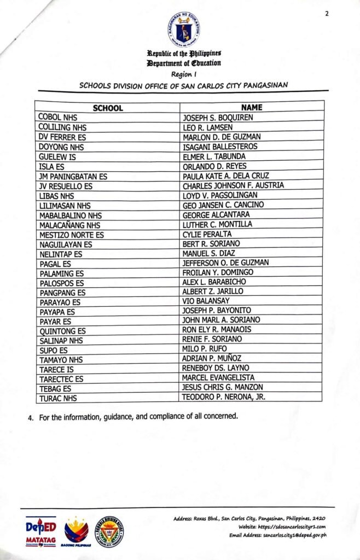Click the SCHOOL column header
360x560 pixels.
pos(107,108)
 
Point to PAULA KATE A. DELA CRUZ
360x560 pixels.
pos(225,176)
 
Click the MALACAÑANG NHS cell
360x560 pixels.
pos(70,225)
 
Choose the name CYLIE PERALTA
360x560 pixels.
pos(207,234)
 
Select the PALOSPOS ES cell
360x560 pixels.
pos(62,283)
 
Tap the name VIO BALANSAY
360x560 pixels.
pos(206,301)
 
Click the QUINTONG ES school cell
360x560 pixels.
pos(63,331)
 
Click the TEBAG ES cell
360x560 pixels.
pos(55,388)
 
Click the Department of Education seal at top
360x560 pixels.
pos(184,28)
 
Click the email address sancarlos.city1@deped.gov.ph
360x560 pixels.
pos(294,535)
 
